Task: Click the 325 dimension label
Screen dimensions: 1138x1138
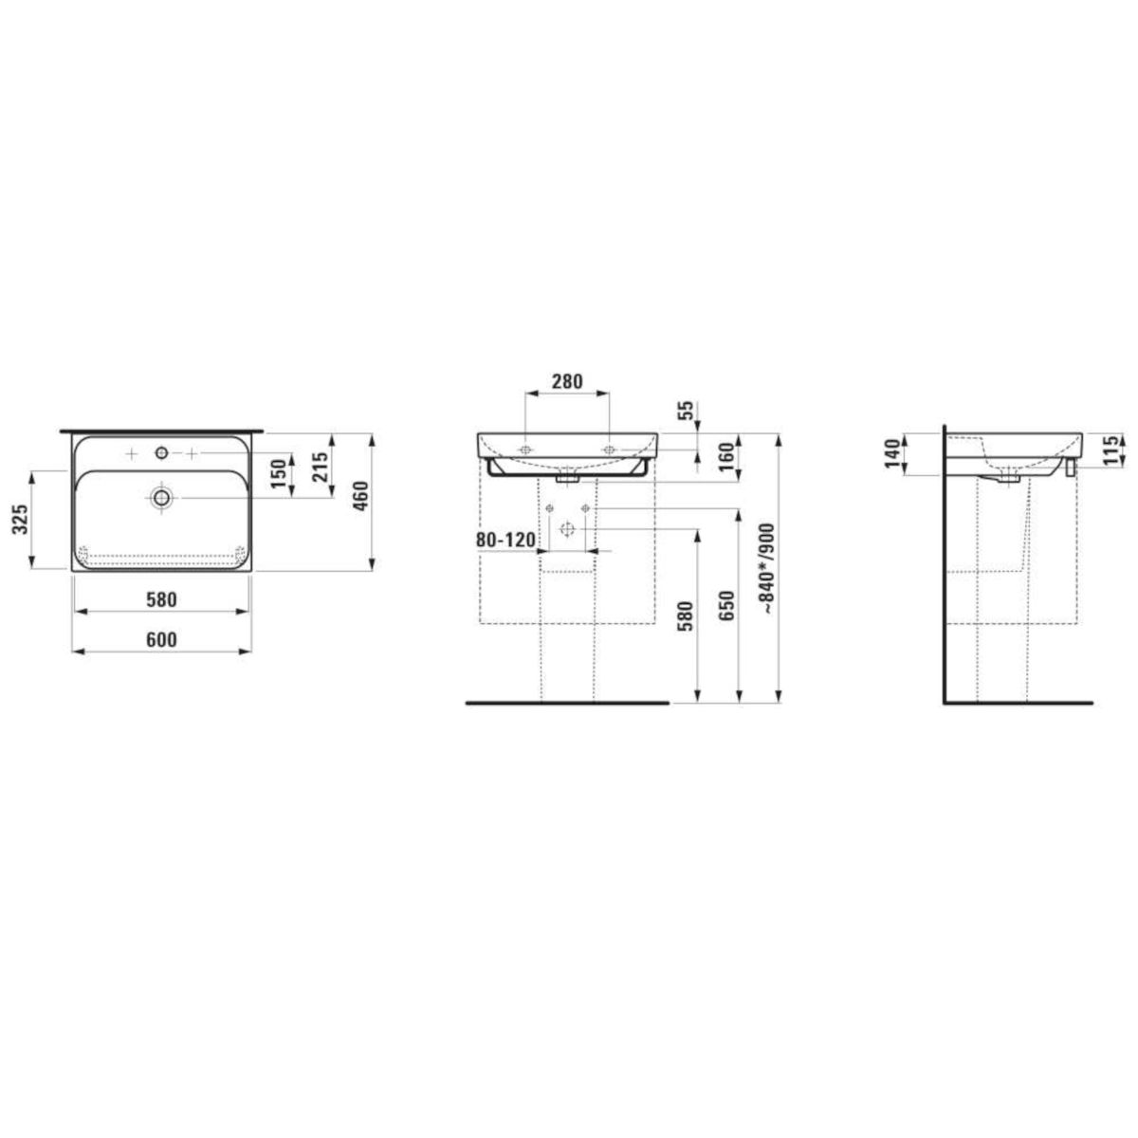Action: pos(21,519)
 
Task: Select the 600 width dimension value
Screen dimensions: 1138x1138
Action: pos(161,639)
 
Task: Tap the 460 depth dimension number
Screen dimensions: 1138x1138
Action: pos(360,496)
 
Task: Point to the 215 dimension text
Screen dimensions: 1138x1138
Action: pos(320,467)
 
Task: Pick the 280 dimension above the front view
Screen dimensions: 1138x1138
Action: pos(567,381)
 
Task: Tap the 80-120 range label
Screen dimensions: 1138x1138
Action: pos(505,540)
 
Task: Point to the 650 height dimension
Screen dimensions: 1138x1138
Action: pos(727,605)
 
